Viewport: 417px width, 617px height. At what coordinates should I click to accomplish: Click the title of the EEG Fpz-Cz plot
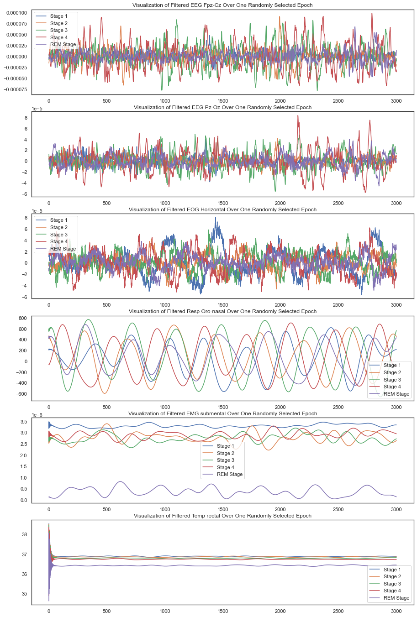[222, 5]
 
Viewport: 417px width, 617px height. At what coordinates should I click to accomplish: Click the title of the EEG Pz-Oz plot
[222, 107]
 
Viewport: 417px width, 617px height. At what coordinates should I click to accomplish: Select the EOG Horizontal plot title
[222, 209]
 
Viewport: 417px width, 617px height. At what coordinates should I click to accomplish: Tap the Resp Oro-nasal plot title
[222, 311]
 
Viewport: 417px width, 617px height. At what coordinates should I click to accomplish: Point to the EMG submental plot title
[222, 413]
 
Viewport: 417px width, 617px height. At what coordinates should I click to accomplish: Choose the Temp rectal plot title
[222, 516]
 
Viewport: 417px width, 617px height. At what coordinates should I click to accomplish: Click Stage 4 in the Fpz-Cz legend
[59, 37]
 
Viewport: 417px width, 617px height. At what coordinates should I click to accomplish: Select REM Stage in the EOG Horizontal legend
[63, 249]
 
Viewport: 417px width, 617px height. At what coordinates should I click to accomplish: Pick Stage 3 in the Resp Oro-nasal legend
[392, 380]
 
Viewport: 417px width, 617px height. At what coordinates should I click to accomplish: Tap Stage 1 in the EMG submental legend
[225, 446]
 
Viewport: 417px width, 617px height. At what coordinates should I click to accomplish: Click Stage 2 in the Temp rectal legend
[392, 576]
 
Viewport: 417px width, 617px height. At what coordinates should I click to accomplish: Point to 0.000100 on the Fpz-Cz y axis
[16, 13]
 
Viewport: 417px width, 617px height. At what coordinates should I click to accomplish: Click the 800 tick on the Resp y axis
[22, 318]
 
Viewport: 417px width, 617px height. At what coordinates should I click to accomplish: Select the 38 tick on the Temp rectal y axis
[24, 534]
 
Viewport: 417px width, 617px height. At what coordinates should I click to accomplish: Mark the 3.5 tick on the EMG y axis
[23, 421]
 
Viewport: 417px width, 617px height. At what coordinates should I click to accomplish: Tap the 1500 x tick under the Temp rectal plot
[222, 611]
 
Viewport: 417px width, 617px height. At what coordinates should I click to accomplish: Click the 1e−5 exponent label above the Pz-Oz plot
[38, 109]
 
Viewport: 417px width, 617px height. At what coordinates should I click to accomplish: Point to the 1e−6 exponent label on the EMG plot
[38, 415]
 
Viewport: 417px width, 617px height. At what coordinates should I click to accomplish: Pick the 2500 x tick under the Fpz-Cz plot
[338, 101]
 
